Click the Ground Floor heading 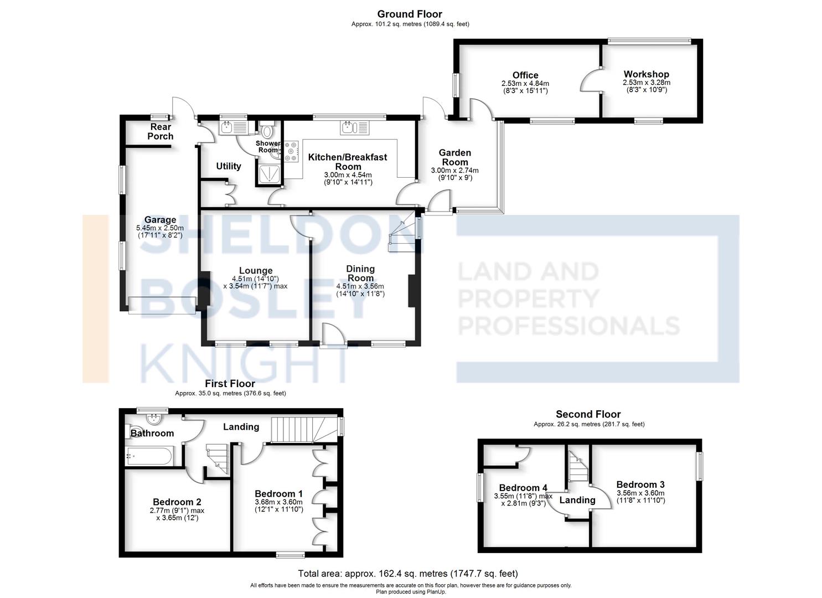point(410,14)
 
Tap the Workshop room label point(646,74)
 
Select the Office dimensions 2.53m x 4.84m point(525,84)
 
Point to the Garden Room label point(454,157)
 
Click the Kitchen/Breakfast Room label point(348,162)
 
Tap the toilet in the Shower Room point(267,130)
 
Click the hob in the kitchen point(291,151)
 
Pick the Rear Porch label point(161,131)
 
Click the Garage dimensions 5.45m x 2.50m point(160,228)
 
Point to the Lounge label point(256,271)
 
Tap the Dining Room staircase point(402,231)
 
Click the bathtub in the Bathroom point(148,456)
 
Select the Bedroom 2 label point(177,502)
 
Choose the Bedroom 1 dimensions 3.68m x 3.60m point(279,502)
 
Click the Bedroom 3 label point(640,484)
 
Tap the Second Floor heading point(588,414)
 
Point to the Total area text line point(408,574)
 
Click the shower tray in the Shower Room point(269,174)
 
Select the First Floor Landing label point(241,426)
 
